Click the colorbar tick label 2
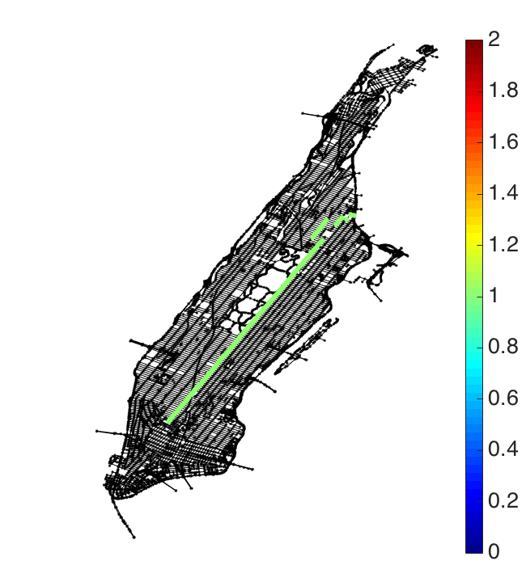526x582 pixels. (494, 39)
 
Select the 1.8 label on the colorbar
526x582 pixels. (503, 91)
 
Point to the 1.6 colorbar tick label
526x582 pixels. (503, 141)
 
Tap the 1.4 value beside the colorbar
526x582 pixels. (503, 193)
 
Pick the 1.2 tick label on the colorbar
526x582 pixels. (503, 245)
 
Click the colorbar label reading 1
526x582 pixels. (494, 296)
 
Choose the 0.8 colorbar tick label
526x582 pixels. (503, 347)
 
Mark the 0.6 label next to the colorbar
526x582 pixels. (503, 399)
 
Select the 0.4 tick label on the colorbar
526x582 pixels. (503, 449)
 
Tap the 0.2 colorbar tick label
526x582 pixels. (503, 501)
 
